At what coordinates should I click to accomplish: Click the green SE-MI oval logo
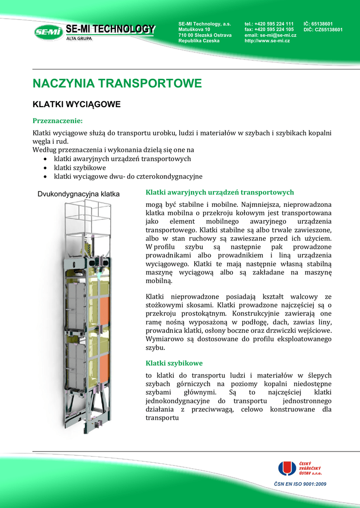[49, 33]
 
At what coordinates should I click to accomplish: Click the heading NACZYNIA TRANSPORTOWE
[117, 83]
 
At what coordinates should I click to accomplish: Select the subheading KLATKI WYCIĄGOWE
[76, 105]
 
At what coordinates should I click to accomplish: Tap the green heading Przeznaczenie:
[57, 121]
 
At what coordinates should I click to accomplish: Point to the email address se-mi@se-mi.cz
[278, 35]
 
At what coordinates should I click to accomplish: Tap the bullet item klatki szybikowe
[79, 168]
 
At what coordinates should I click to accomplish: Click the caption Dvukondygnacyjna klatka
[79, 194]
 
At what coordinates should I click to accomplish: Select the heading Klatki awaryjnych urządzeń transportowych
[219, 192]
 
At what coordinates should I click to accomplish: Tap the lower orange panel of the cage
[104, 365]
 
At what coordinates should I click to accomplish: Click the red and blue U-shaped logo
[287, 469]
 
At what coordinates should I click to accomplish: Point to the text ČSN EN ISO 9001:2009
[300, 484]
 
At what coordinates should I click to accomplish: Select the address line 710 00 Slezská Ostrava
[205, 35]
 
